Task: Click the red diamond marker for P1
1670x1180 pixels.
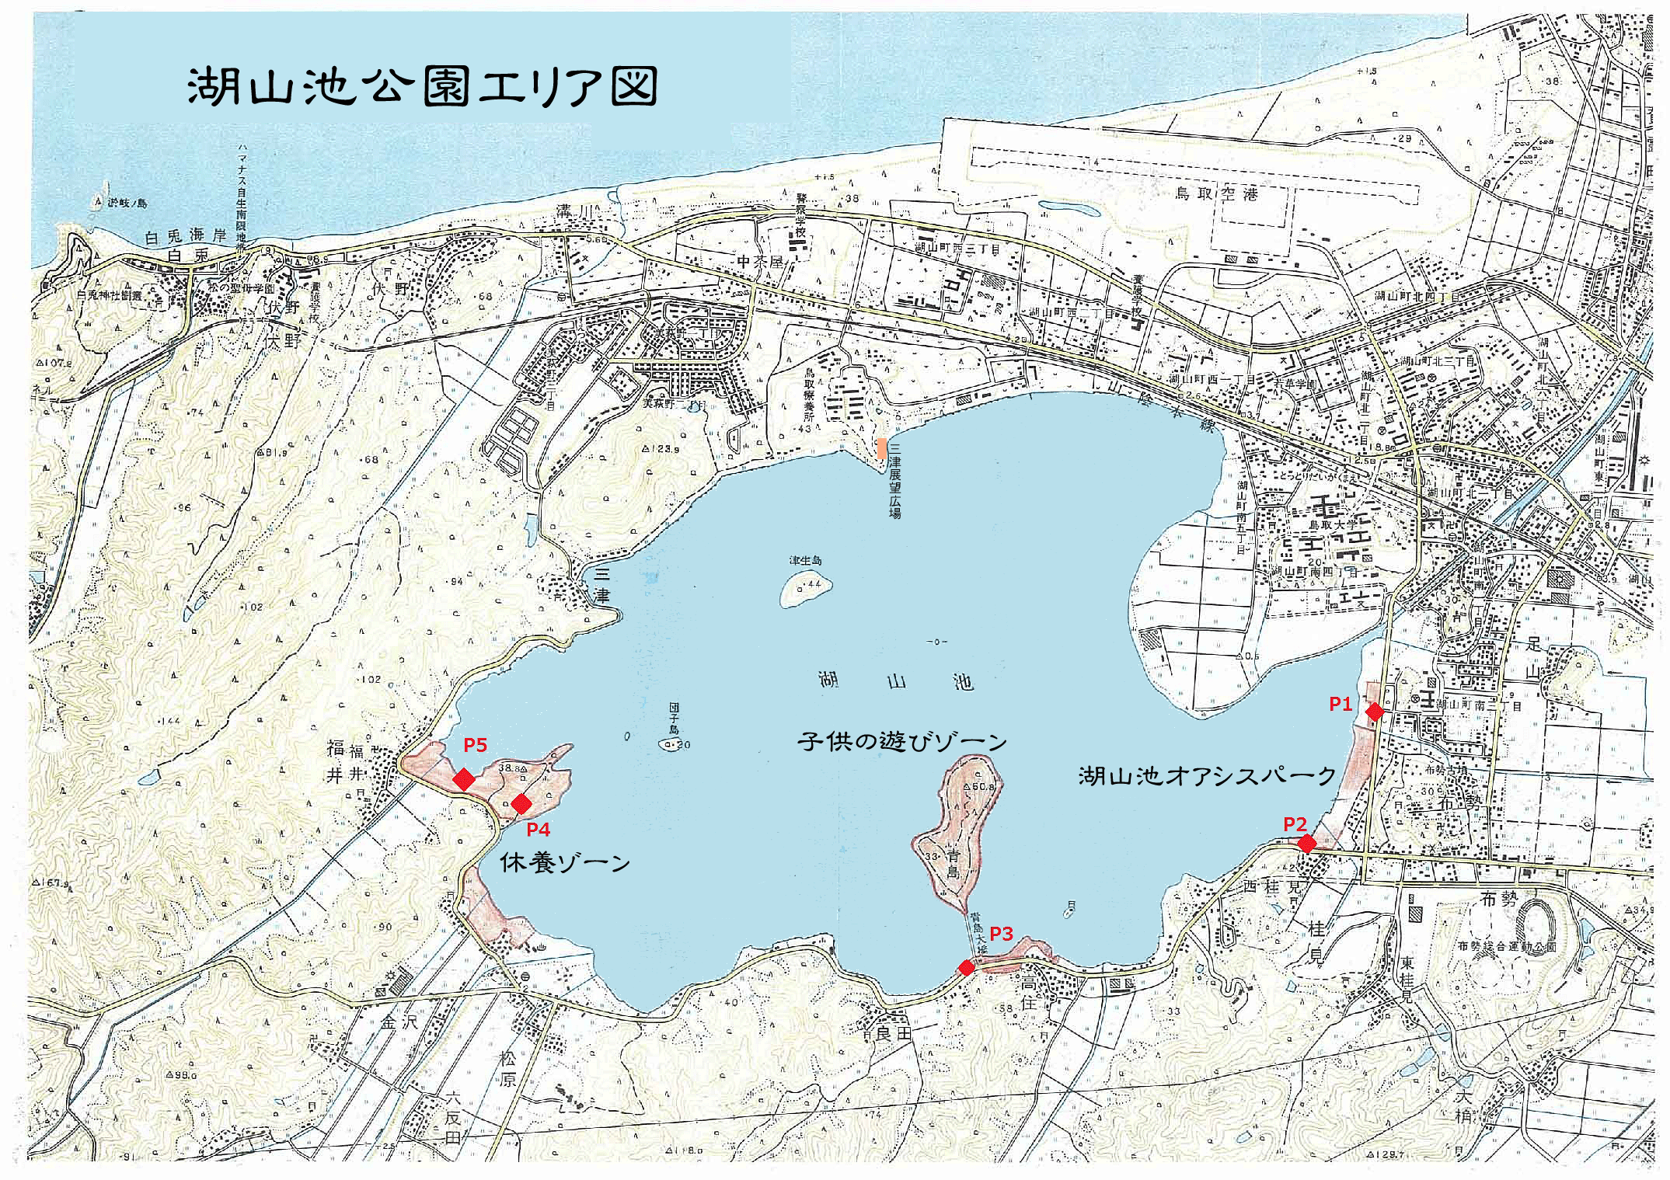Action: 1374,711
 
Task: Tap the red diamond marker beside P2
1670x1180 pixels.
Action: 1307,843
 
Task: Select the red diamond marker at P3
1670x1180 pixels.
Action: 966,967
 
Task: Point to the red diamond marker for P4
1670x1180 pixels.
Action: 521,802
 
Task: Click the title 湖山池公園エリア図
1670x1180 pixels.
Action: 422,86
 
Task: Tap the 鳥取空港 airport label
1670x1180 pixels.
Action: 1215,195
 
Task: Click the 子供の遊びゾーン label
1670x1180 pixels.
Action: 901,742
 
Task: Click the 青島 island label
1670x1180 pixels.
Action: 954,863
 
